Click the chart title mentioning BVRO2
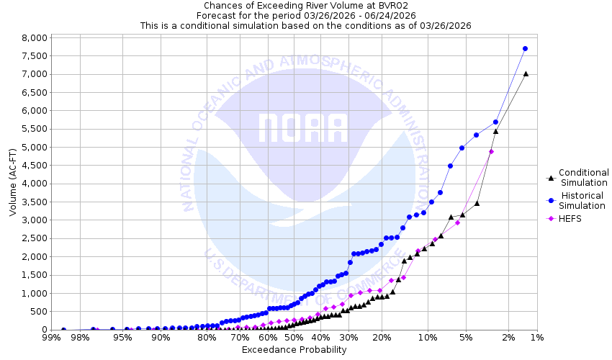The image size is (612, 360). [x=305, y=5]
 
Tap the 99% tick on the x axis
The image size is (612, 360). [x=51, y=337]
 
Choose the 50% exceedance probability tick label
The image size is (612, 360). [x=293, y=337]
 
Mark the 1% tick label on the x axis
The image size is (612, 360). [x=536, y=337]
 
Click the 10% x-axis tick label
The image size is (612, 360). [x=428, y=337]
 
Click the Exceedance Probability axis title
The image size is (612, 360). [x=294, y=350]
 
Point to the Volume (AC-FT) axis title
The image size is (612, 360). [x=13, y=183]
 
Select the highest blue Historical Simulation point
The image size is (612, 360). [x=526, y=48]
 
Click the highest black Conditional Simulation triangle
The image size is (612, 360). [x=526, y=73]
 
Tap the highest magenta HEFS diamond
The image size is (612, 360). [x=491, y=151]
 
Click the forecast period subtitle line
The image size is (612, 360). [x=305, y=15]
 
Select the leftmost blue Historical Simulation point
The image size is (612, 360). [x=63, y=330]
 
